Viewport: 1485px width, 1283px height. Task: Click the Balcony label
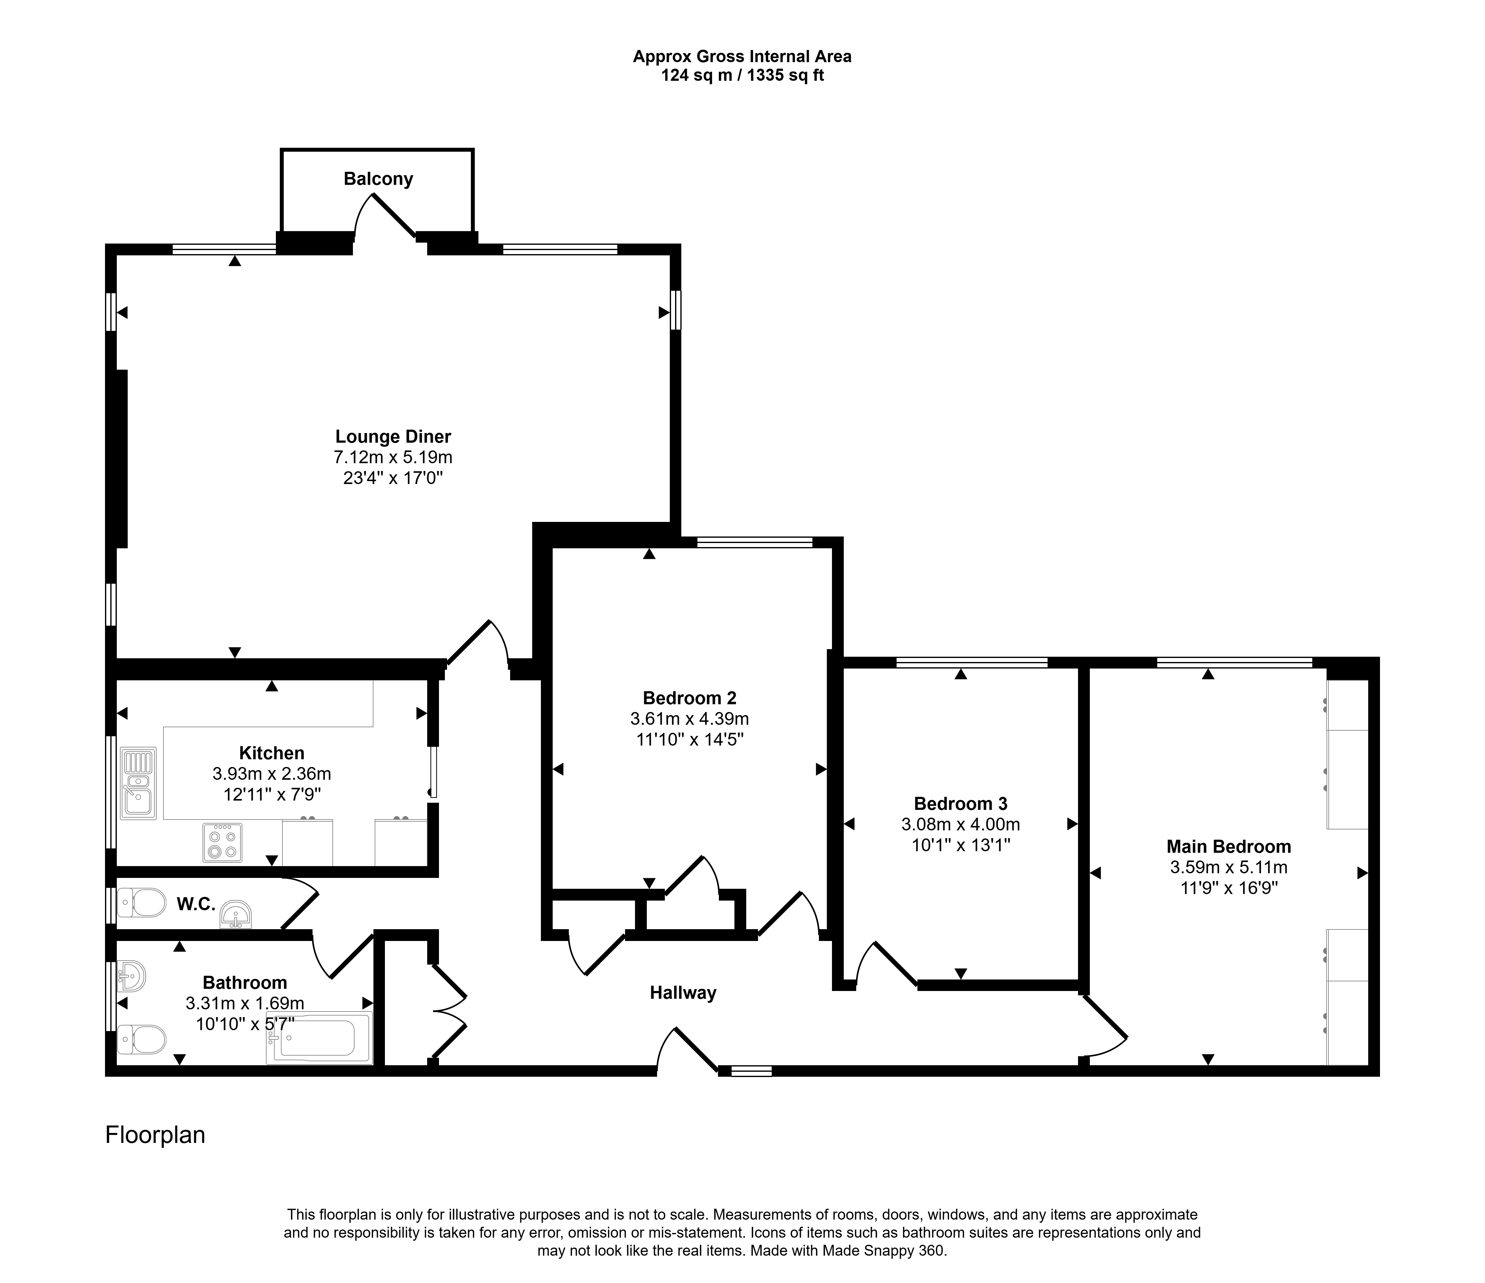click(x=378, y=179)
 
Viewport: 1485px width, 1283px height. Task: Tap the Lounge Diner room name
click(x=394, y=436)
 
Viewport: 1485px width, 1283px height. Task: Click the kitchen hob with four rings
click(x=222, y=842)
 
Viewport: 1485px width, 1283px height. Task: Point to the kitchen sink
click(x=138, y=783)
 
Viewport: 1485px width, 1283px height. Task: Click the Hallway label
click(x=683, y=993)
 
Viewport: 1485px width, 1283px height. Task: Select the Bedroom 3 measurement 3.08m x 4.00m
click(x=961, y=824)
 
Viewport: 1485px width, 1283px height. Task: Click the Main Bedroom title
click(x=1229, y=847)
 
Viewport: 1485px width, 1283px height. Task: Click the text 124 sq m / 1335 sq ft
click(x=742, y=75)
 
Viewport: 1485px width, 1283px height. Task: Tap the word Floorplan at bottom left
click(x=156, y=1135)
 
